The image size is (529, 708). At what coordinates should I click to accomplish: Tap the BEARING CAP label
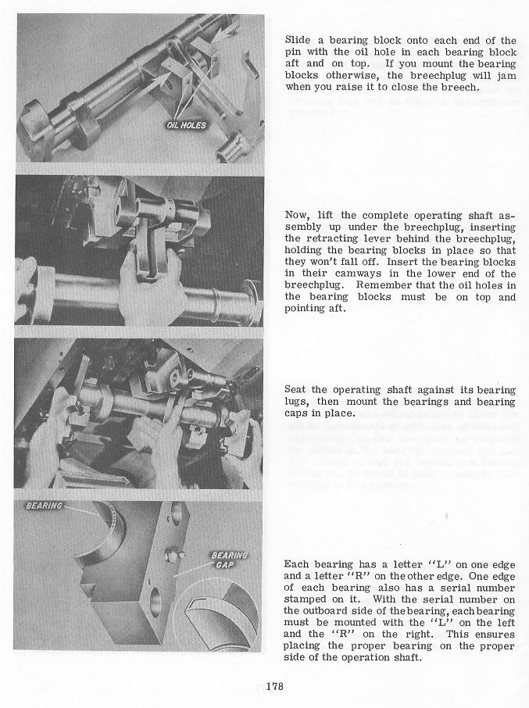coord(229,560)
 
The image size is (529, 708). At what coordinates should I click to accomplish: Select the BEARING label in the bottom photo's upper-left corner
coord(45,506)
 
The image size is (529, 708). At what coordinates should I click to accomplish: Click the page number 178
coord(273,687)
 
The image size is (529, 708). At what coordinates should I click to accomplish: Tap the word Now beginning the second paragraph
coord(295,214)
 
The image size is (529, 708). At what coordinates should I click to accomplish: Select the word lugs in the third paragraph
coord(296,402)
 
